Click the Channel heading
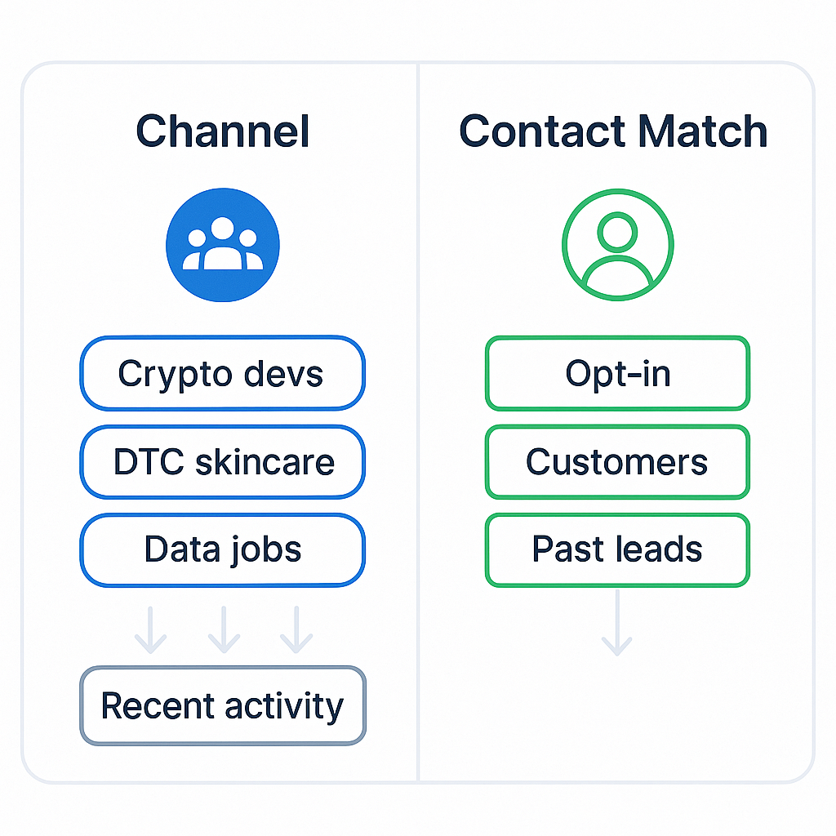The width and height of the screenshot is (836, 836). tap(222, 131)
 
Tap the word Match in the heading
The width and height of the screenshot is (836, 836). tap(703, 131)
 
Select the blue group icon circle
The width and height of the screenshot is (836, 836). tap(222, 244)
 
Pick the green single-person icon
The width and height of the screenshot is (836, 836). tap(617, 244)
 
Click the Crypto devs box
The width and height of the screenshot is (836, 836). tap(222, 373)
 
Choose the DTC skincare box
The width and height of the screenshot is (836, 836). tap(222, 461)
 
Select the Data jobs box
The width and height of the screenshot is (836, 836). tap(222, 549)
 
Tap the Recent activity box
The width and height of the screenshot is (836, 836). tap(222, 705)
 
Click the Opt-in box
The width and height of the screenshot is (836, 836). tap(617, 373)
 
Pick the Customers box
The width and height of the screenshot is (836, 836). tap(617, 461)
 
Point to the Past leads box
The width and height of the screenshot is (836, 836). tap(617, 549)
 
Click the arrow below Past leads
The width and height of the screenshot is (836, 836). tap(617, 624)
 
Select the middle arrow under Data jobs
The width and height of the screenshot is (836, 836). tap(223, 629)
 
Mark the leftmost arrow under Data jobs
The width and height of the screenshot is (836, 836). tap(150, 629)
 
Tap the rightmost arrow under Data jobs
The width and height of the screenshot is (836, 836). tap(296, 629)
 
